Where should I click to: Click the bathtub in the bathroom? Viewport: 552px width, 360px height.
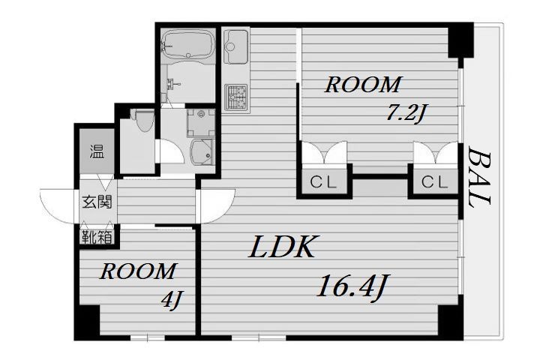click(x=188, y=43)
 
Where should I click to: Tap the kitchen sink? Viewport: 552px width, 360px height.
click(x=235, y=46)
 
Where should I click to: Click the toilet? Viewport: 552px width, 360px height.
click(x=143, y=120)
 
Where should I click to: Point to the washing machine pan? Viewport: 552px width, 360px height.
click(x=201, y=123)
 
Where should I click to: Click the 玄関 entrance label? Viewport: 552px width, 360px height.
click(x=97, y=202)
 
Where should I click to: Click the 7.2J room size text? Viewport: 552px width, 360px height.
click(x=405, y=113)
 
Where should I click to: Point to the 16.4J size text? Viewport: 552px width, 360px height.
click(x=353, y=287)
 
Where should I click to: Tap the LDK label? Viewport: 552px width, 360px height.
click(x=282, y=247)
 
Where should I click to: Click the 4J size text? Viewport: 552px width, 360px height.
click(x=172, y=300)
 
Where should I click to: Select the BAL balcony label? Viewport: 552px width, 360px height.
click(x=479, y=178)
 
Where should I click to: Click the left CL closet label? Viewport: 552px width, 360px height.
click(x=323, y=182)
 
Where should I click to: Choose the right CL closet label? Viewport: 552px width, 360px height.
click(x=435, y=182)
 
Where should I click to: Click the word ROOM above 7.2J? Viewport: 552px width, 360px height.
click(x=363, y=85)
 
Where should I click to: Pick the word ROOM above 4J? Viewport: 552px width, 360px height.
click(x=138, y=271)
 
